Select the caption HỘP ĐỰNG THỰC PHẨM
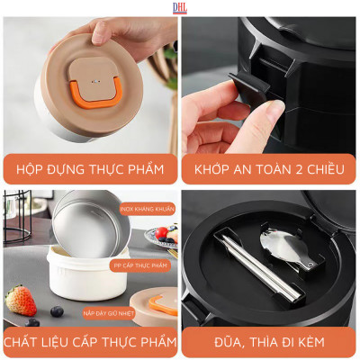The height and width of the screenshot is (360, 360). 90,168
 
